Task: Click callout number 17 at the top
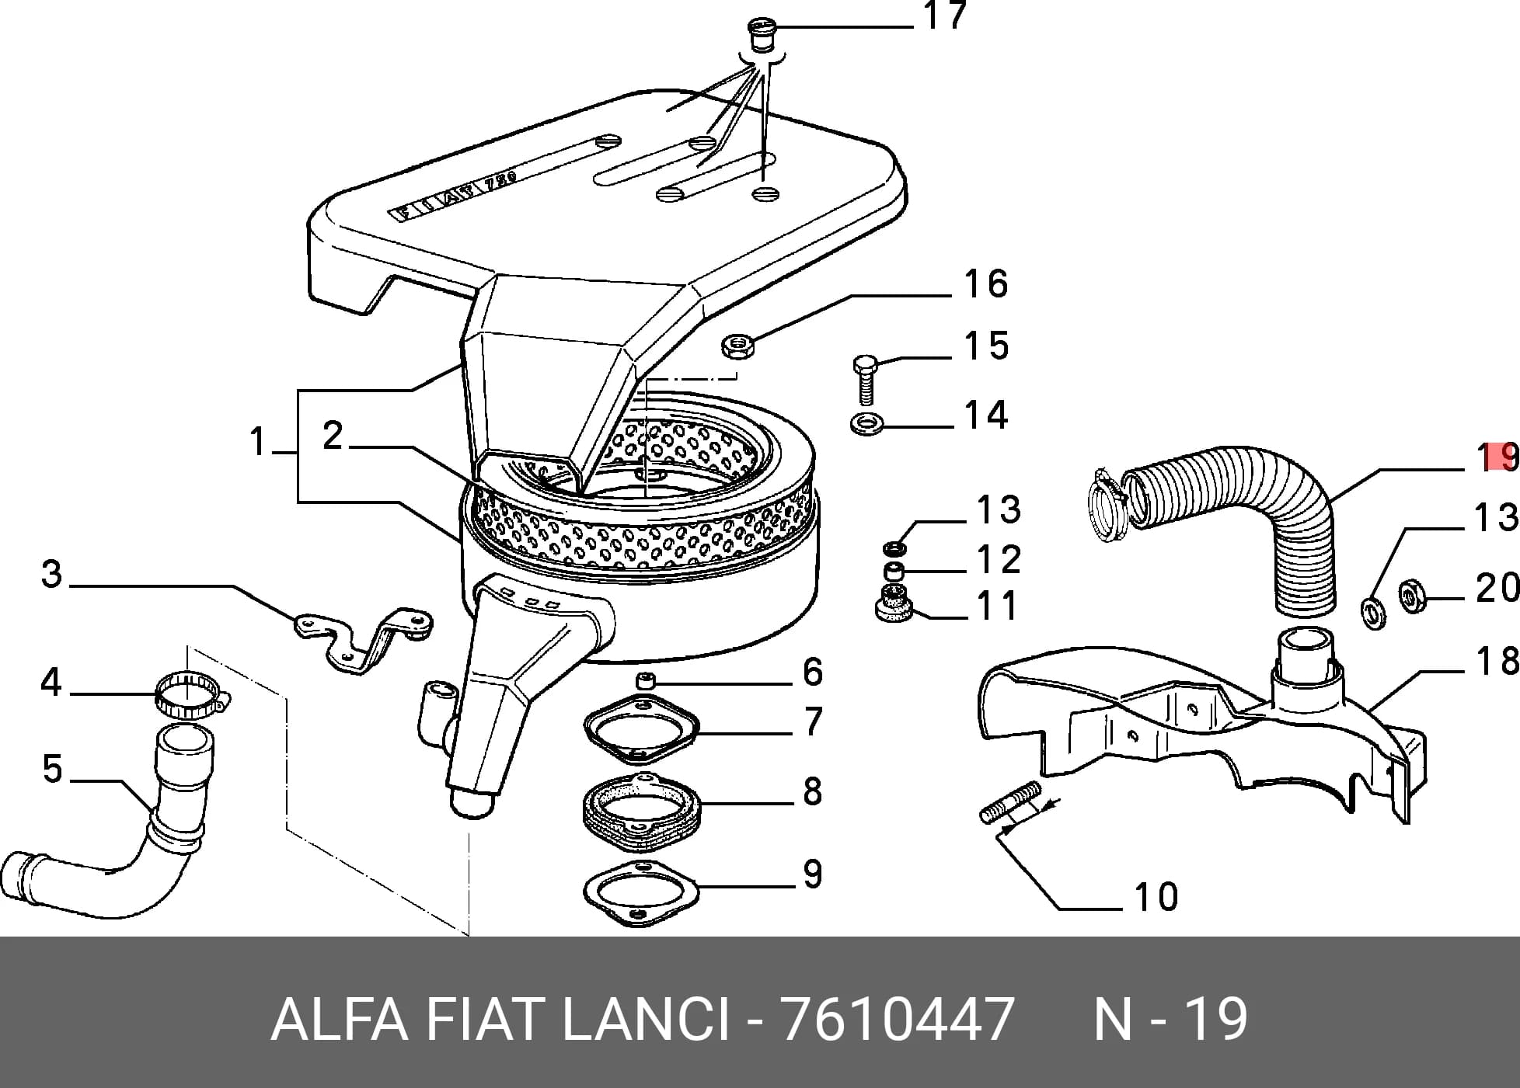pos(945,16)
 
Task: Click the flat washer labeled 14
pos(864,425)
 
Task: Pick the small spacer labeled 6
pos(646,681)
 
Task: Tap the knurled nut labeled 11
pos(896,603)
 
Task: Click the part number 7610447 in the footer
pos(898,1018)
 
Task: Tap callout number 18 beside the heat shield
pos(1497,661)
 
